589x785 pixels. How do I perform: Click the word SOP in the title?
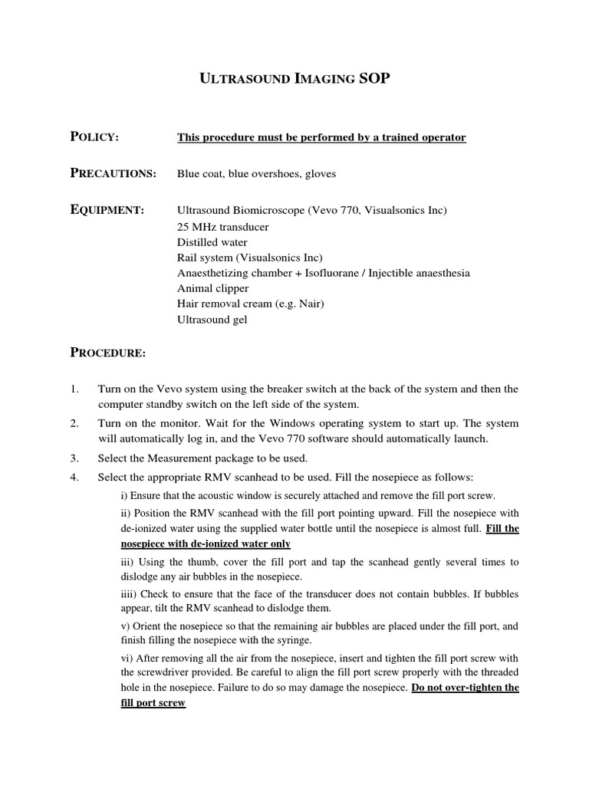(x=375, y=78)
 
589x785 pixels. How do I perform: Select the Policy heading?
(x=94, y=136)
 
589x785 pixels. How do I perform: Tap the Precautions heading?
(x=113, y=173)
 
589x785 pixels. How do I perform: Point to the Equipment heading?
(x=107, y=209)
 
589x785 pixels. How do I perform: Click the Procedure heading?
(x=107, y=353)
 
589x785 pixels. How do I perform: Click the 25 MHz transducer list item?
(x=223, y=227)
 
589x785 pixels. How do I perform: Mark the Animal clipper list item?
(x=213, y=288)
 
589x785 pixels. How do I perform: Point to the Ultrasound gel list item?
(x=212, y=319)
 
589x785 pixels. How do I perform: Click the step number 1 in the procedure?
(x=74, y=389)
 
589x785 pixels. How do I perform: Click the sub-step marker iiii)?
(x=130, y=593)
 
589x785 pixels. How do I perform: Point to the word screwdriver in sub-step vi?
(x=152, y=673)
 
